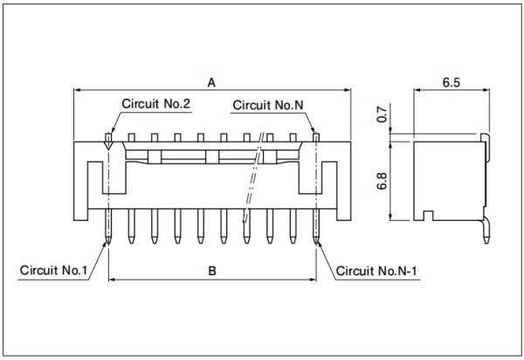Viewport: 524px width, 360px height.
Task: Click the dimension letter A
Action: point(211,82)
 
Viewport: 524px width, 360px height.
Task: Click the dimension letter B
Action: point(212,271)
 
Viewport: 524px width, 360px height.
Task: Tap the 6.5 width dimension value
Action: point(452,82)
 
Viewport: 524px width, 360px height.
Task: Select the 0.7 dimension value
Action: point(382,114)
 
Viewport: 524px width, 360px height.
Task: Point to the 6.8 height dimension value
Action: point(382,181)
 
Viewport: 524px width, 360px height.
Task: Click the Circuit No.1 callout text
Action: point(53,270)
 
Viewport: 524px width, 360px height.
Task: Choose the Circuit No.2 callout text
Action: point(155,104)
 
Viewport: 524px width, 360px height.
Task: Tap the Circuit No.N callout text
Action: point(268,106)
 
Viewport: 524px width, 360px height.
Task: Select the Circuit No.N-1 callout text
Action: point(376,271)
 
